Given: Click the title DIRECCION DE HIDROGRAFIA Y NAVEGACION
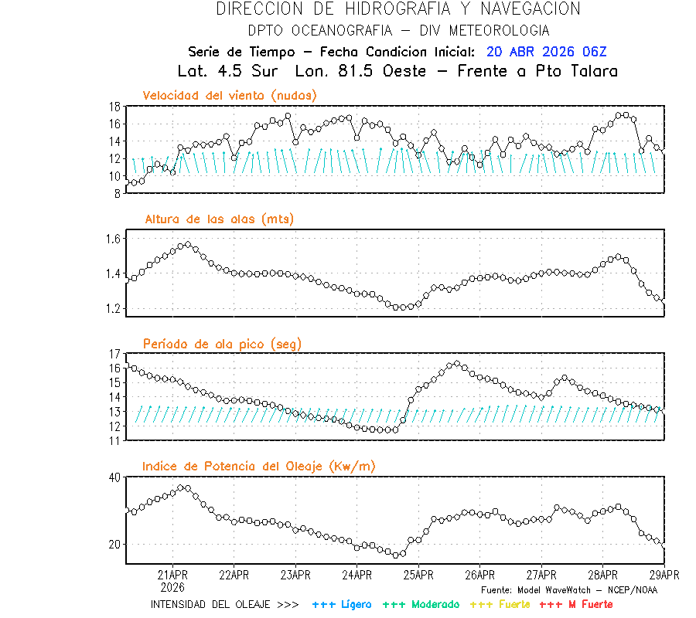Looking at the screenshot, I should [398, 9].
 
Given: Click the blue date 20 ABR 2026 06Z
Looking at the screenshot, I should [547, 52].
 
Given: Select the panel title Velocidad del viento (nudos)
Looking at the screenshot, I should [230, 95].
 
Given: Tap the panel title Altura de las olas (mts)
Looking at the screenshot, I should [219, 219].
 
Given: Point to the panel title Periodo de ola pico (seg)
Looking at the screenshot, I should [222, 343].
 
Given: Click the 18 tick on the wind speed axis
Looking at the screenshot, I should [113, 107].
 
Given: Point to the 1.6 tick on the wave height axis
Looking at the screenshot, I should [111, 239].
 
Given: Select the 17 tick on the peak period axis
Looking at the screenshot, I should [113, 354].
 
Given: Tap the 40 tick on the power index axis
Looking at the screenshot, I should [113, 477].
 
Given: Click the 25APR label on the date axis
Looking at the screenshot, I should [418, 575].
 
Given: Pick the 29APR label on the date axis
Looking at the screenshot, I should [664, 575].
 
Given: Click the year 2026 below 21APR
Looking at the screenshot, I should [172, 586].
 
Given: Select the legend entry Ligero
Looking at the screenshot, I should [342, 604].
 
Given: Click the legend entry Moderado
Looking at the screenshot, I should [421, 604].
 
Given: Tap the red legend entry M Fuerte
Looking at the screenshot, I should [575, 604].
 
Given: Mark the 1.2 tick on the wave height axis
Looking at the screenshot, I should [111, 309].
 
